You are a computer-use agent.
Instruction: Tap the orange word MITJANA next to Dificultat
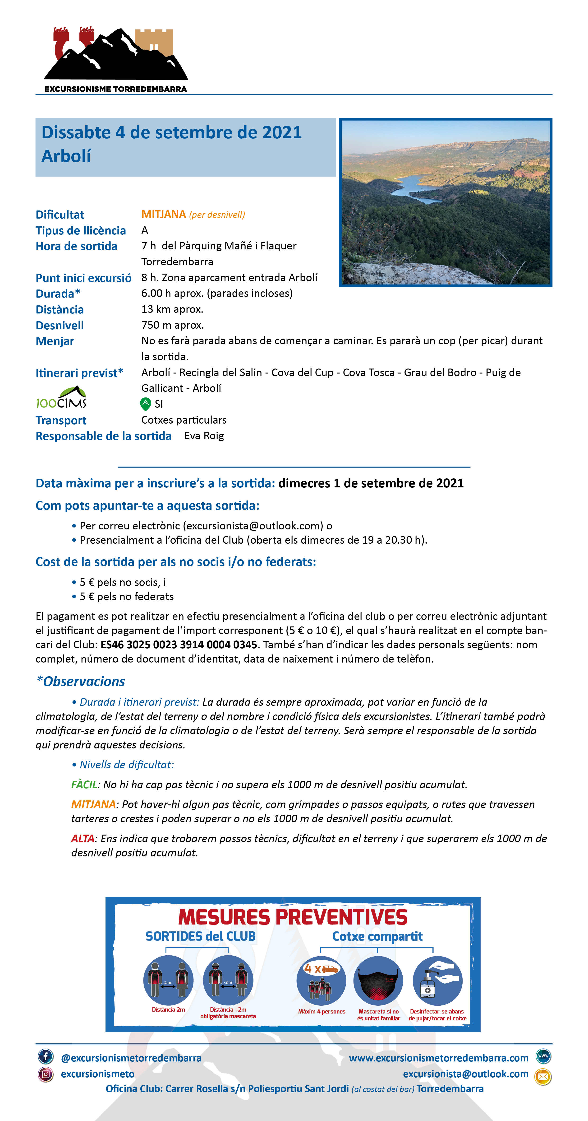tap(164, 214)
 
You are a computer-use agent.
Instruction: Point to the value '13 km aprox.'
tap(172, 309)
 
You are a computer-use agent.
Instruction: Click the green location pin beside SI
tap(145, 404)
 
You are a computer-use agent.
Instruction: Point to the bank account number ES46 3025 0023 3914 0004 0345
tap(179, 645)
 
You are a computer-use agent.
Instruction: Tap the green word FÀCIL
tap(84, 785)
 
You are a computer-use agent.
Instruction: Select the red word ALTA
tap(83, 839)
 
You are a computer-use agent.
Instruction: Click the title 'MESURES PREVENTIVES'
tap(293, 917)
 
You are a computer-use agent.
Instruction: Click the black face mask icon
tap(378, 981)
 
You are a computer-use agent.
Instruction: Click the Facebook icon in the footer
tap(46, 1056)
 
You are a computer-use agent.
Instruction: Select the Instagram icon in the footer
tap(46, 1074)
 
